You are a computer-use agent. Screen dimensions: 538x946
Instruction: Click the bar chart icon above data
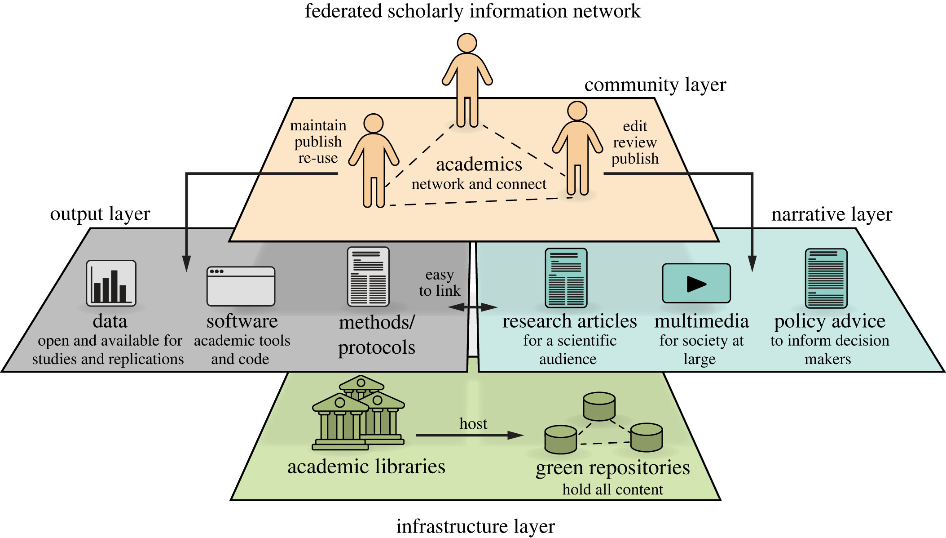pos(111,283)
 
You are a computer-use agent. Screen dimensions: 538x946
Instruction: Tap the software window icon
pos(241,286)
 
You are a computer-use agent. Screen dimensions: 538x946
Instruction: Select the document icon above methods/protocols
pos(368,277)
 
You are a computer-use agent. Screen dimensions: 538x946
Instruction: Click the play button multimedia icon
pos(696,284)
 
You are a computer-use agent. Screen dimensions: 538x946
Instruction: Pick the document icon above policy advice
pos(826,278)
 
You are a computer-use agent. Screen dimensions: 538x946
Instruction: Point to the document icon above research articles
pos(566,278)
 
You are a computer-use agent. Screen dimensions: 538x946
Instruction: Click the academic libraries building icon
pos(358,414)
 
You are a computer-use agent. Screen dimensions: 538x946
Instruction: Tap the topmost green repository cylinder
pos(599,406)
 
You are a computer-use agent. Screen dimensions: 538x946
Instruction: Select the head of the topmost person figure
pos(467,43)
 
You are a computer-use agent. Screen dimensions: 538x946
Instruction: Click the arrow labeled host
pos(469,435)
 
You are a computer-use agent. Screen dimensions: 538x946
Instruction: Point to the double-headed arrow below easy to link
pos(473,307)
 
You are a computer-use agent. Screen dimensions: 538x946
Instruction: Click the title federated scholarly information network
pos(473,11)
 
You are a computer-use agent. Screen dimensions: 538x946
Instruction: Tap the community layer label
pos(655,84)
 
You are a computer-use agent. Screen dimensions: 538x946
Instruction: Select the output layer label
pos(100,214)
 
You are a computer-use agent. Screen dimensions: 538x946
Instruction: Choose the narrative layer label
pos(832,214)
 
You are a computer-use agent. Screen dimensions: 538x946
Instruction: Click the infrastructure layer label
pos(475,526)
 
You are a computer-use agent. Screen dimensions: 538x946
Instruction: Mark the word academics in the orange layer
pos(479,165)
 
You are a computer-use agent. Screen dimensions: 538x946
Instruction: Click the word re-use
pos(318,158)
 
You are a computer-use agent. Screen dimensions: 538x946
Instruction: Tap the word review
pos(635,142)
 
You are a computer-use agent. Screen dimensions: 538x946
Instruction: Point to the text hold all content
pos(612,489)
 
